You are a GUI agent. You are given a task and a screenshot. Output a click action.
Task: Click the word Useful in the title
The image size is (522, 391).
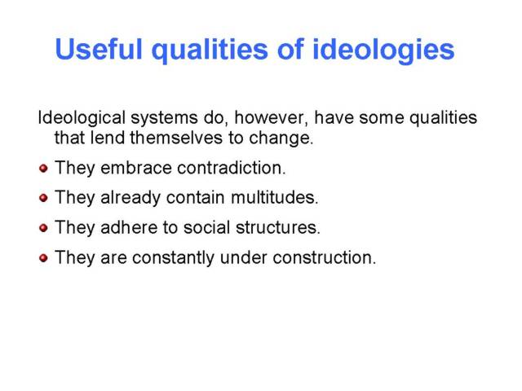point(99,49)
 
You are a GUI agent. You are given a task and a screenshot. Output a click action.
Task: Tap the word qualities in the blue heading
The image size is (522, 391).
point(210,51)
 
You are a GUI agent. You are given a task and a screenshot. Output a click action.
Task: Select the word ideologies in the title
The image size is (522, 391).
point(383,51)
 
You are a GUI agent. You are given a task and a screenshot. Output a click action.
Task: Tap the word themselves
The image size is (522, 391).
point(176,138)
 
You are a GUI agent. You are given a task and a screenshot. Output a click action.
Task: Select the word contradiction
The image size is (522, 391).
point(232,168)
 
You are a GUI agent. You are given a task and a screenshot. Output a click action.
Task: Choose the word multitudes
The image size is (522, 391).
point(275,197)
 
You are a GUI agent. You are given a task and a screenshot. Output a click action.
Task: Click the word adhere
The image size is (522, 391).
point(129,227)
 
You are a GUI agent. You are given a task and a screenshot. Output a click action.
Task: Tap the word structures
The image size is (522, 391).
point(278,227)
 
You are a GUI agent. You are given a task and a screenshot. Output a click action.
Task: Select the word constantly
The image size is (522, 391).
point(174,258)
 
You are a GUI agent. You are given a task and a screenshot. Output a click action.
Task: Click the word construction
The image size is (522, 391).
point(325,257)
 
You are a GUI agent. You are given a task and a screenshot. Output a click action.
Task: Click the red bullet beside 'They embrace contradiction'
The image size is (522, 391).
point(43,169)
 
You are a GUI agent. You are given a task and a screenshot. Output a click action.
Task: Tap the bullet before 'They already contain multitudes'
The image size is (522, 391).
point(43,198)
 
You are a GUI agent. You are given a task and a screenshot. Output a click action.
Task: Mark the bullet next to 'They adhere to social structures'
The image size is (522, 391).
point(43,228)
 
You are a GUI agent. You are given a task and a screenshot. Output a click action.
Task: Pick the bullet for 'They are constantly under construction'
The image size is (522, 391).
point(43,258)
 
